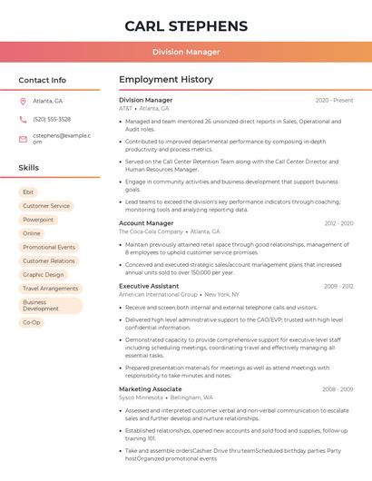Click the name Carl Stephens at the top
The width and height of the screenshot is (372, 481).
[x=186, y=25]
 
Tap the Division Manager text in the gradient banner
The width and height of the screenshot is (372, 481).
[x=186, y=52]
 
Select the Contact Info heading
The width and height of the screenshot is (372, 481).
[x=43, y=80]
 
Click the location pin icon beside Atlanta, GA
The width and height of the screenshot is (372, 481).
[x=23, y=101]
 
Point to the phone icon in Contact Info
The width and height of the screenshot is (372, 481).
[x=23, y=119]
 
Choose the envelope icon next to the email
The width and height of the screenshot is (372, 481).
[x=23, y=139]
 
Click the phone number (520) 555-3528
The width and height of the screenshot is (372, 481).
[x=52, y=119]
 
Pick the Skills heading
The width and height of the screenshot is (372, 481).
[x=29, y=168]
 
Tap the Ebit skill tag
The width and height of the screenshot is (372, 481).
[x=28, y=192]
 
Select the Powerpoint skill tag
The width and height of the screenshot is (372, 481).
[x=38, y=220]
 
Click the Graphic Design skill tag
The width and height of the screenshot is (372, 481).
[x=44, y=274]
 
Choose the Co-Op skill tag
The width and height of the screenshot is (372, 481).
[x=32, y=322]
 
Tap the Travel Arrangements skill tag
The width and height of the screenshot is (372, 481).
[x=50, y=289]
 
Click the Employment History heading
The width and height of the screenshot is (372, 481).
[x=166, y=80]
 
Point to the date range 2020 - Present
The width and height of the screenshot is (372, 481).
[x=334, y=100]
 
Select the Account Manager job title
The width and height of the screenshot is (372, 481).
[x=146, y=223]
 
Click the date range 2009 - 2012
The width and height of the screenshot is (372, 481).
[x=338, y=286]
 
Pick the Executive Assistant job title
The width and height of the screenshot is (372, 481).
[x=149, y=286]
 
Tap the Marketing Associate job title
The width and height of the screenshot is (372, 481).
[x=150, y=388]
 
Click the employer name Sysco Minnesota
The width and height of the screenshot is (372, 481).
[x=141, y=398]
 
